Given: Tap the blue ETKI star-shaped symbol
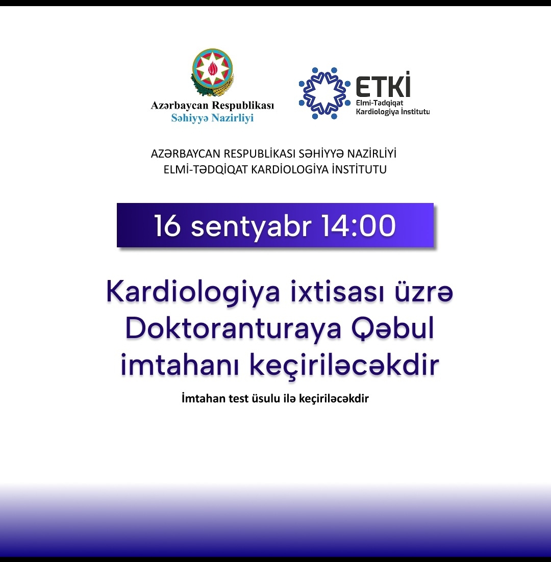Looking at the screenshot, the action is pos(324,93).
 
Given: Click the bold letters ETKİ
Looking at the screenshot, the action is pos(383,85).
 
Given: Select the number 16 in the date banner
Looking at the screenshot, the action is pos(167,225).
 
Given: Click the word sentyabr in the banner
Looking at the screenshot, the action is pos(252,226).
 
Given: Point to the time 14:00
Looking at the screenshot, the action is pos(359,225).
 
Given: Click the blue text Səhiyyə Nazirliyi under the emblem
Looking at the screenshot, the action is pos(212,118).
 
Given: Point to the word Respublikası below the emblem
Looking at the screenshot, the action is pos(243,106).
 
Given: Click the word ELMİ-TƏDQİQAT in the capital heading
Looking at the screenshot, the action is pos(206,169).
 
